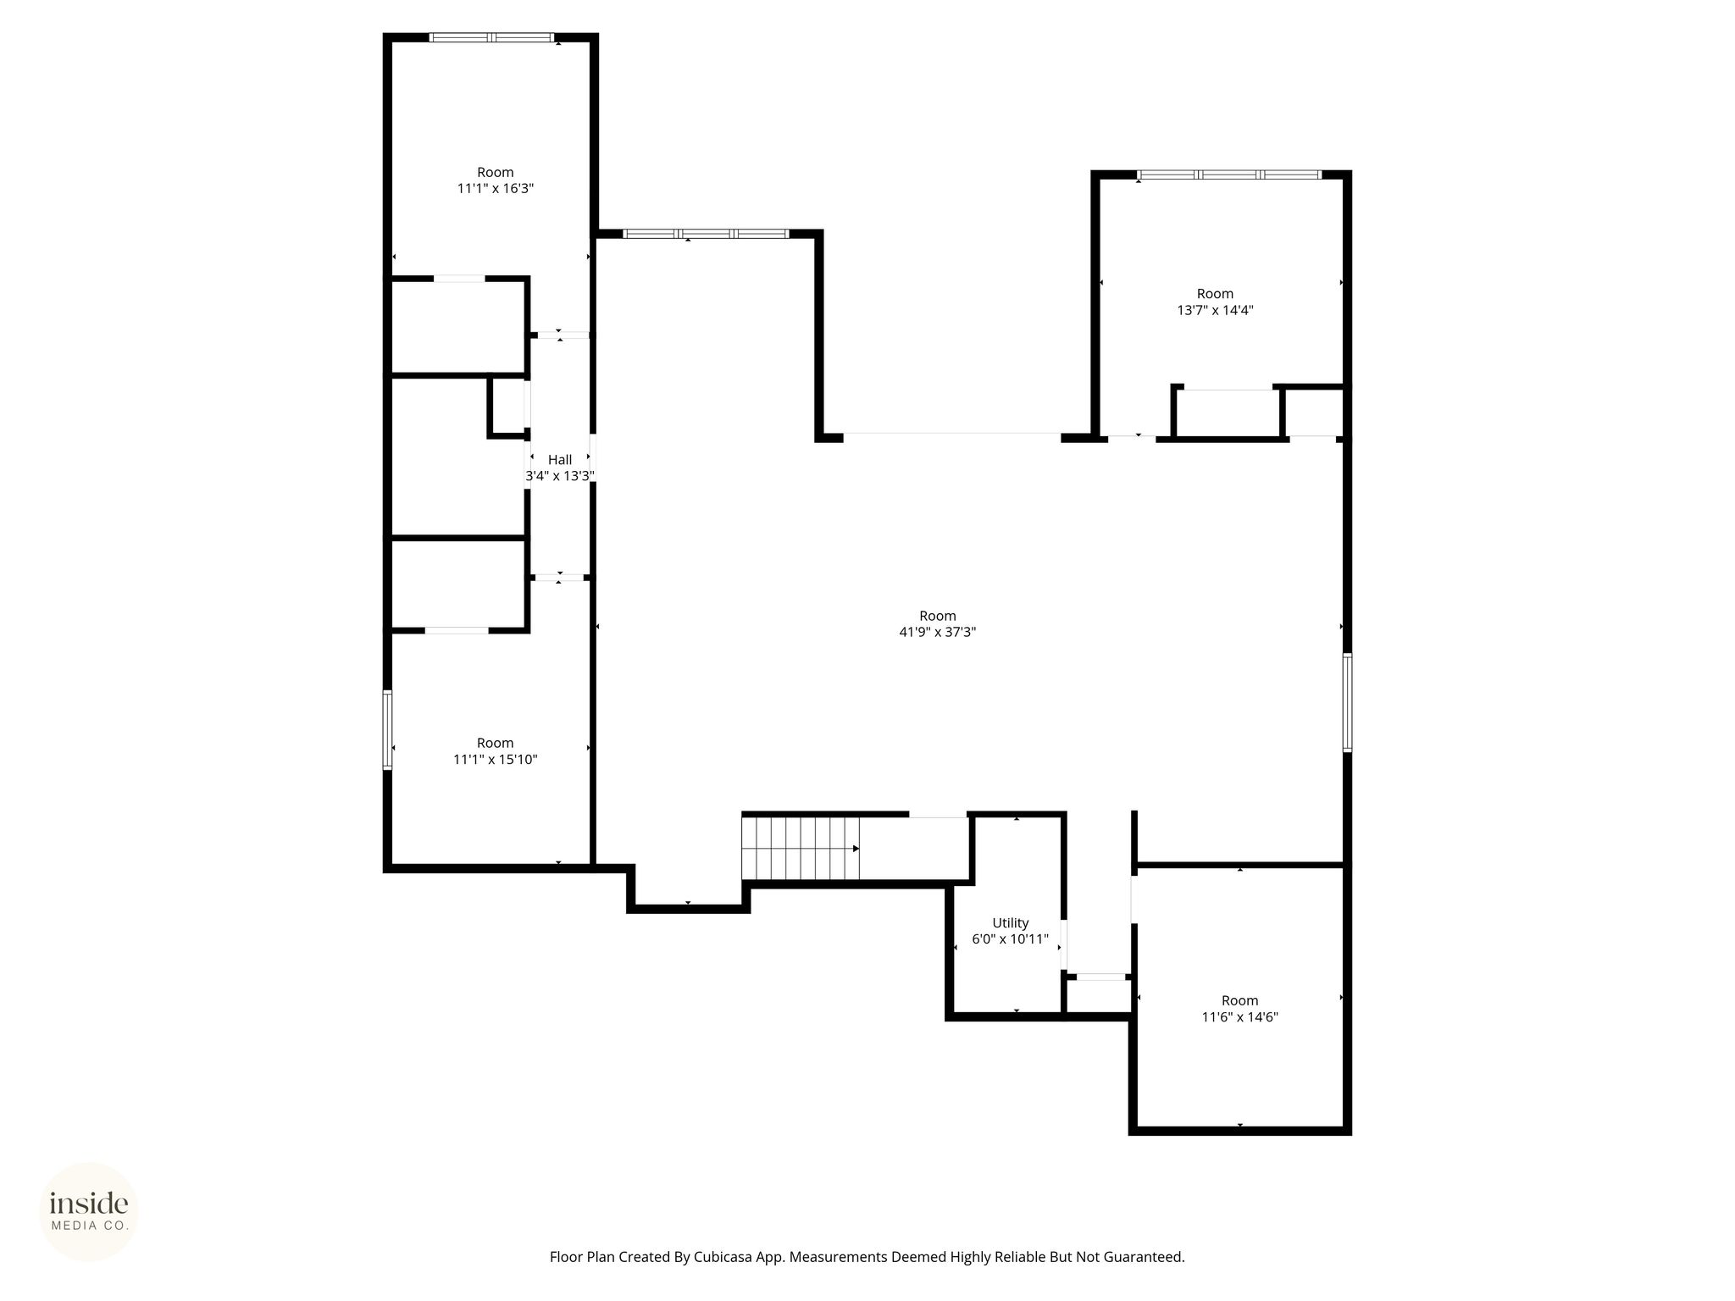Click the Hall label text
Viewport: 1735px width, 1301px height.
pyautogui.click(x=559, y=460)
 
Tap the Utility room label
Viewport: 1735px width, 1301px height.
pyautogui.click(x=1011, y=923)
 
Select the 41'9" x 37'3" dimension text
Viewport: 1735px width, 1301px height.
pyautogui.click(x=938, y=632)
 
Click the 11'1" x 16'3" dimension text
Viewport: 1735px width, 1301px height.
pyautogui.click(x=496, y=189)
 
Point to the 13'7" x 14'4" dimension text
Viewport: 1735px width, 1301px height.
pyautogui.click(x=1216, y=310)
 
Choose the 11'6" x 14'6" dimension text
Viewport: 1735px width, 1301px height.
pyautogui.click(x=1240, y=1017)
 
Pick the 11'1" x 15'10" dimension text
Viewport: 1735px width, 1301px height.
pyautogui.click(x=496, y=760)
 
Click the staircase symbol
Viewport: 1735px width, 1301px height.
pyautogui.click(x=801, y=849)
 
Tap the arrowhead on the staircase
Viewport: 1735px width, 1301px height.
pyautogui.click(x=856, y=849)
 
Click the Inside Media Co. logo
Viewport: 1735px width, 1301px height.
pyautogui.click(x=89, y=1211)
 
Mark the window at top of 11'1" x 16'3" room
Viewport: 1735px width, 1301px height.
pyautogui.click(x=491, y=37)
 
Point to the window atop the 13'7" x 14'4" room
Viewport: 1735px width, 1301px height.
pyautogui.click(x=1229, y=174)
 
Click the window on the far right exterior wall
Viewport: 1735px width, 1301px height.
pyautogui.click(x=1347, y=702)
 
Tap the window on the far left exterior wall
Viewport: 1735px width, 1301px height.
pyautogui.click(x=388, y=729)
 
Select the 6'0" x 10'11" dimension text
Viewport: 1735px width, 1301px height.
pyautogui.click(x=1011, y=939)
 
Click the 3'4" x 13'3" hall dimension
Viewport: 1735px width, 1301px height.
pyautogui.click(x=559, y=476)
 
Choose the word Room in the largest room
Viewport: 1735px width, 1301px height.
pyautogui.click(x=938, y=616)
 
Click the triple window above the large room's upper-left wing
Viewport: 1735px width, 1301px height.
pyautogui.click(x=707, y=233)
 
